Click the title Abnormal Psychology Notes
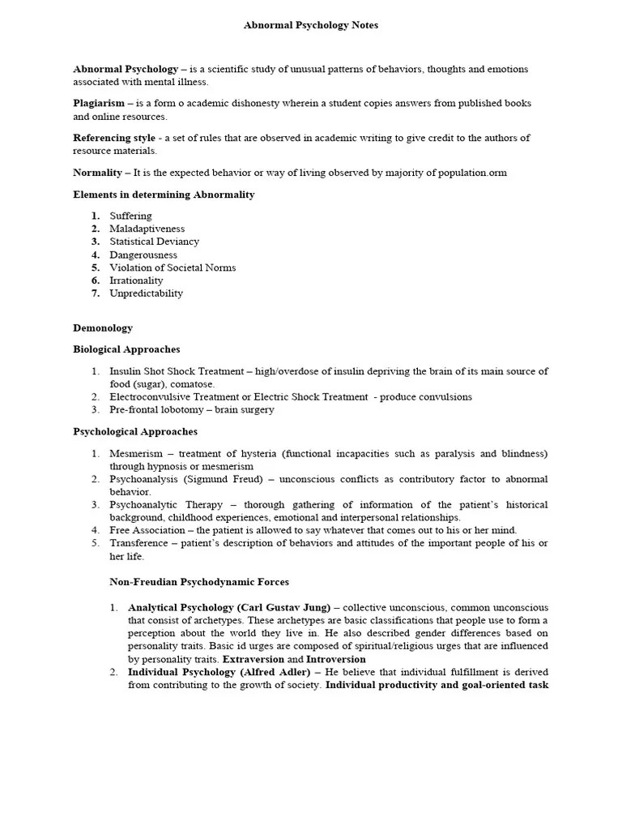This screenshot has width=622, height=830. click(311, 25)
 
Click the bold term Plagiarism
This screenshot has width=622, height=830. click(99, 103)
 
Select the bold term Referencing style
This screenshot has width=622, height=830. click(114, 138)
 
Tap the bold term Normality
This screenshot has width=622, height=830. click(97, 173)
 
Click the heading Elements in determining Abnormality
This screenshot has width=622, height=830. click(164, 195)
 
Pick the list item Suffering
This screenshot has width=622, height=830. click(130, 216)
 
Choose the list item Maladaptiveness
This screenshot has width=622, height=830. click(147, 229)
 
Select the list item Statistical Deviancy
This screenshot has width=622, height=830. click(154, 242)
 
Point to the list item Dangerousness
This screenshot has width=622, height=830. click(143, 255)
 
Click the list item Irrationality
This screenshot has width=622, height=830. click(136, 280)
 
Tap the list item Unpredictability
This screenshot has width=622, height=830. click(146, 293)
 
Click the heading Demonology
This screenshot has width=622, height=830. click(103, 328)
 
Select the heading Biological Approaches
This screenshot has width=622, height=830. click(126, 349)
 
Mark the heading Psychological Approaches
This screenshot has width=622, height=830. click(135, 432)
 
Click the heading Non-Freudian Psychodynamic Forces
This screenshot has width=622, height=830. click(199, 582)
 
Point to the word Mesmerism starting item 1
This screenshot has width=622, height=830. click(136, 454)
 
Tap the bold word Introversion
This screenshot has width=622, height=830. click(336, 659)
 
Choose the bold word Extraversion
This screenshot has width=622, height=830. click(253, 659)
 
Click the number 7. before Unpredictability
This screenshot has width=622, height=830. click(95, 293)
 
